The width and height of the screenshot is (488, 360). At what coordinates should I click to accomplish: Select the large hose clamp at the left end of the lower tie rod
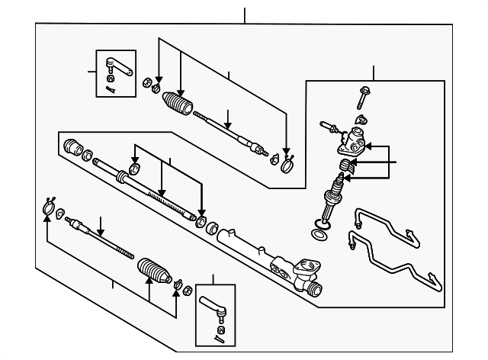tap(47, 206)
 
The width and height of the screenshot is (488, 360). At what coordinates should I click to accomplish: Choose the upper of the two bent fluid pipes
tap(389, 225)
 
